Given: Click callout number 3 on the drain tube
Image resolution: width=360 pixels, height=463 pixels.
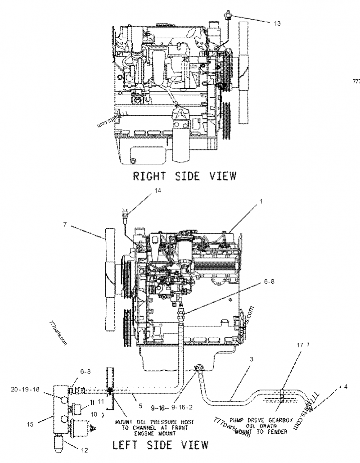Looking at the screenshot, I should coord(251,359).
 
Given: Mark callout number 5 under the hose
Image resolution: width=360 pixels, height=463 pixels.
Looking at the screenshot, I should coord(140,405).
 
